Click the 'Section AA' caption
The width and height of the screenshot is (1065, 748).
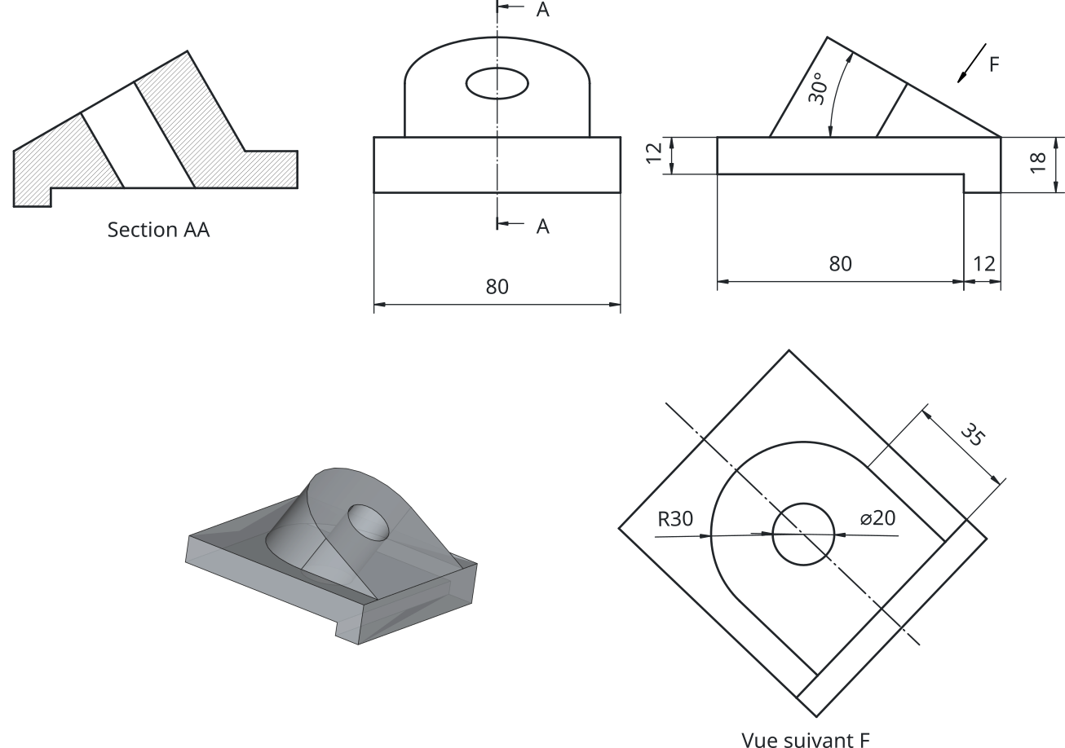pyautogui.click(x=158, y=230)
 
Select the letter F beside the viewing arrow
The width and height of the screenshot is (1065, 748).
pyautogui.click(x=994, y=64)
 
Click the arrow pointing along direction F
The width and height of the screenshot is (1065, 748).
pyautogui.click(x=971, y=64)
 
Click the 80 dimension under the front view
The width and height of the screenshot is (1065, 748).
pyautogui.click(x=497, y=286)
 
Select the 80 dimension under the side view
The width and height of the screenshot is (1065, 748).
pyautogui.click(x=840, y=263)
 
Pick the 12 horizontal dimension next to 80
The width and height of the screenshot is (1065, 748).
pyautogui.click(x=984, y=263)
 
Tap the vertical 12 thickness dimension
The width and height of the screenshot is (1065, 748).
pyautogui.click(x=654, y=152)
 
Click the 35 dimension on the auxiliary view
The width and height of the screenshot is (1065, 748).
pyautogui.click(x=973, y=434)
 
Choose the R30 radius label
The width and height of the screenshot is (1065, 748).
pyautogui.click(x=675, y=519)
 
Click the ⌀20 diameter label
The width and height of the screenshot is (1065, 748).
pyautogui.click(x=877, y=518)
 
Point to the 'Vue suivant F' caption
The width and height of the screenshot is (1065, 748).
pyautogui.click(x=806, y=740)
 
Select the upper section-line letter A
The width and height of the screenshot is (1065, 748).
pyautogui.click(x=542, y=10)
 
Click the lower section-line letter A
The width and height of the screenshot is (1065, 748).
pyautogui.click(x=542, y=227)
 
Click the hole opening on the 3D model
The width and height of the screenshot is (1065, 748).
pyautogui.click(x=369, y=522)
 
